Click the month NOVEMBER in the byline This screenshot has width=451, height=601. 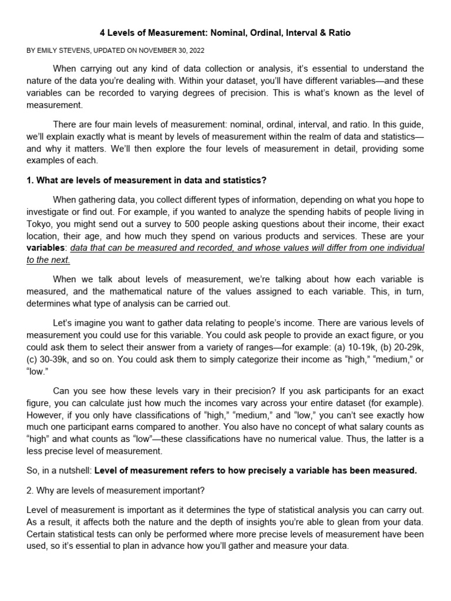pos(158,50)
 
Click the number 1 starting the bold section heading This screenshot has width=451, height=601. pos(30,180)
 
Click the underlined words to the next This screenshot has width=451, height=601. pos(49,260)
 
